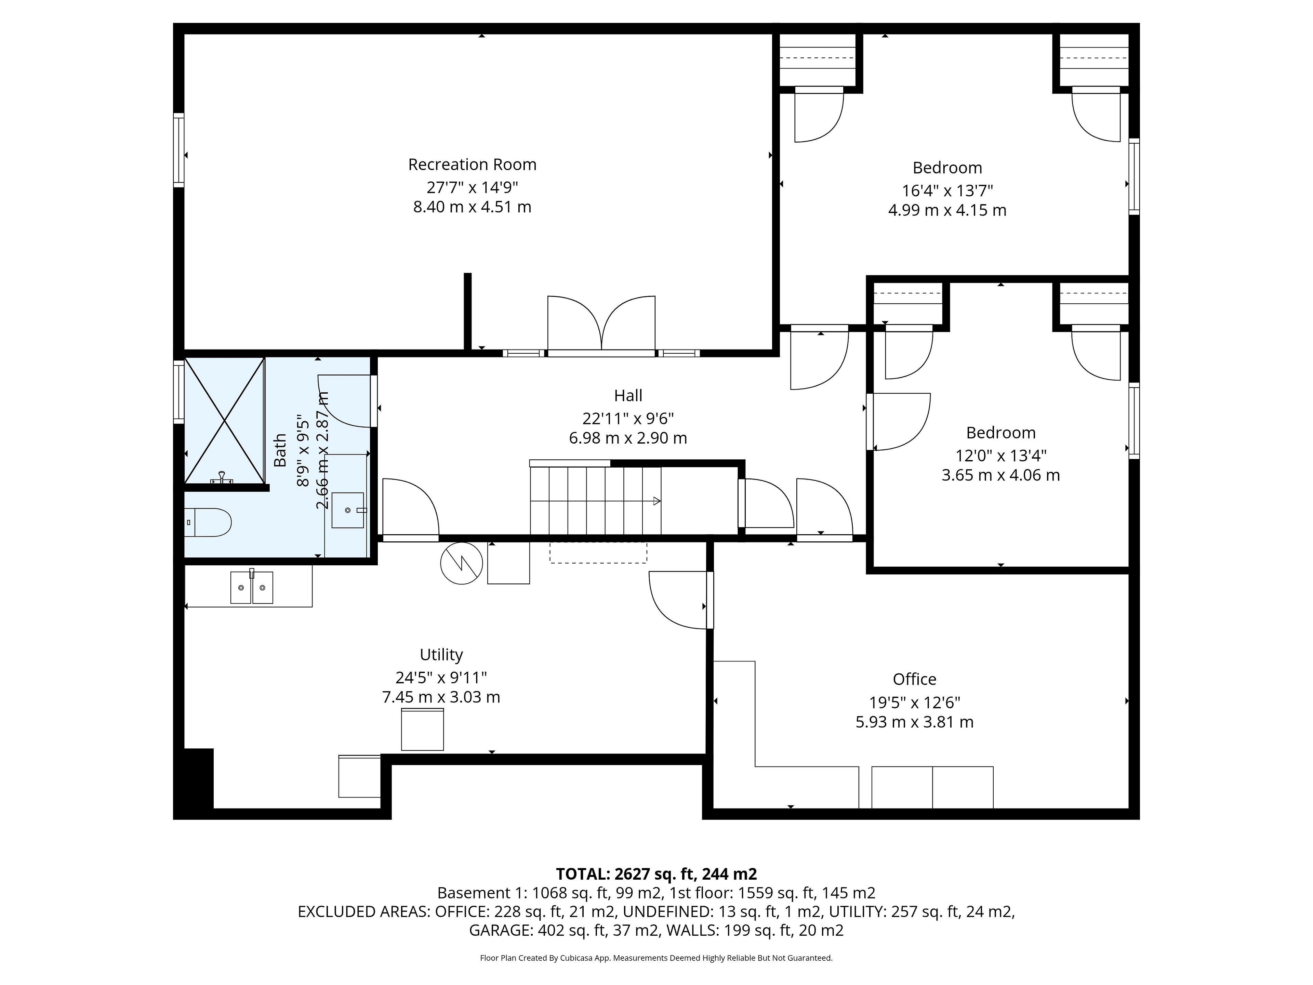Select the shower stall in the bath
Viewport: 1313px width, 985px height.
(224, 420)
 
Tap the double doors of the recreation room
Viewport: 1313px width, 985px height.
(601, 324)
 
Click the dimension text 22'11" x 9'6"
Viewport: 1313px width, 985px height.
(628, 419)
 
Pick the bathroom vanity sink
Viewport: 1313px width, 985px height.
(348, 510)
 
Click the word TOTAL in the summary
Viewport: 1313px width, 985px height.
(582, 874)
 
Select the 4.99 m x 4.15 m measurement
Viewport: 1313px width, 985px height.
(947, 210)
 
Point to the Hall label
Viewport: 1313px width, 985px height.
(628, 395)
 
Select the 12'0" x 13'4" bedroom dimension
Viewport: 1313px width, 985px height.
(1001, 456)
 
